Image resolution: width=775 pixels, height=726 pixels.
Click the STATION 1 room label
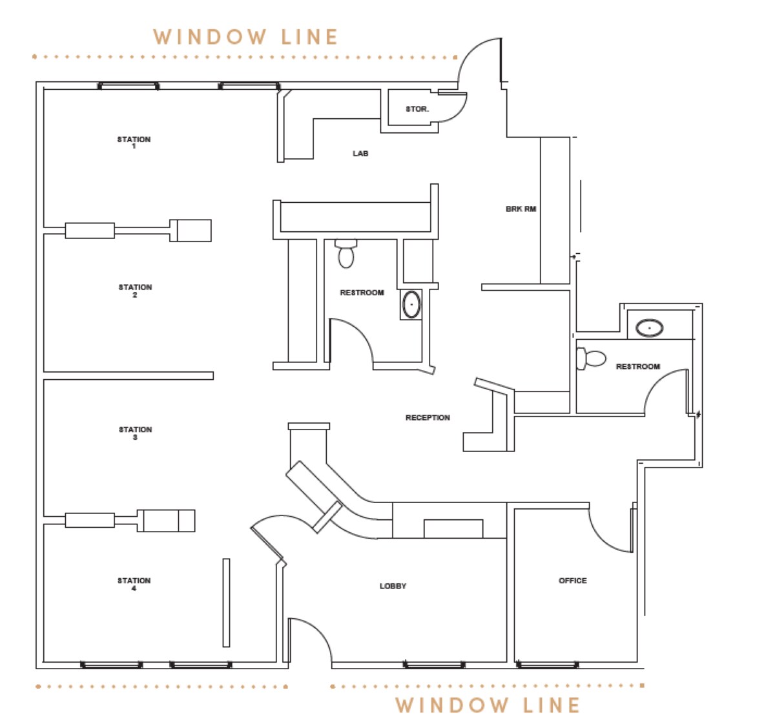[x=134, y=142]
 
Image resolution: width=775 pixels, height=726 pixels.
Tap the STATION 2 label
[x=135, y=291]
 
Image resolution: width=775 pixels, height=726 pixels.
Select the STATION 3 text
[x=135, y=433]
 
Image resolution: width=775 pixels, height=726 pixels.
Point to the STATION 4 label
[x=134, y=584]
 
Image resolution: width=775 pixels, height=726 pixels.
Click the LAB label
[x=360, y=153]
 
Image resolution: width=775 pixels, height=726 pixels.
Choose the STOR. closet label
[x=417, y=109]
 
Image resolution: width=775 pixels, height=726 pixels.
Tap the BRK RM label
[x=521, y=209]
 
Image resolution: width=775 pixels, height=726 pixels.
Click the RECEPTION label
[x=428, y=418]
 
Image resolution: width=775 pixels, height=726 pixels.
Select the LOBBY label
[x=393, y=586]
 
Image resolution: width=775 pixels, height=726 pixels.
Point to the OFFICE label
[x=572, y=581]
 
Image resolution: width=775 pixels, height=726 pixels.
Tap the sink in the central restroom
[x=411, y=304]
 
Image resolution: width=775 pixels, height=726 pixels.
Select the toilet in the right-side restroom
[x=591, y=358]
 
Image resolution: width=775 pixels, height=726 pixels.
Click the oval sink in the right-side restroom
[x=649, y=328]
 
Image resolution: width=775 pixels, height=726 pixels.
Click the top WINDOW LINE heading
[x=245, y=37]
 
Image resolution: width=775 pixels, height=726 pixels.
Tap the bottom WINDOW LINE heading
[x=488, y=705]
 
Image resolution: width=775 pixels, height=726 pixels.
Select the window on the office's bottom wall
[x=547, y=664]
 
